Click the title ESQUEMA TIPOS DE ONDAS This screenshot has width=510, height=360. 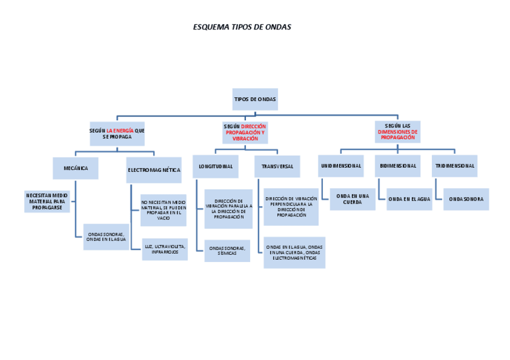pyautogui.click(x=242, y=27)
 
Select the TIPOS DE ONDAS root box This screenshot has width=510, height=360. pyautogui.click(x=255, y=99)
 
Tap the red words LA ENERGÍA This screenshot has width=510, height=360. pyautogui.click(x=120, y=130)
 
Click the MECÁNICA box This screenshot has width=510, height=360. pyautogui.click(x=76, y=168)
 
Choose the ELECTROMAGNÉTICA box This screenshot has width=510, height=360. pyautogui.click(x=154, y=170)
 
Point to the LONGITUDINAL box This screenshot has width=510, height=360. pyautogui.click(x=215, y=166)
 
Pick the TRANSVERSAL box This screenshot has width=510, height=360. pyautogui.click(x=277, y=166)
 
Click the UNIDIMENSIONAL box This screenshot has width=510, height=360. pyautogui.click(x=341, y=166)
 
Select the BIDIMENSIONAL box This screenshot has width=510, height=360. pyautogui.click(x=398, y=166)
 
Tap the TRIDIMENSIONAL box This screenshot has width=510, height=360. pyautogui.click(x=455, y=166)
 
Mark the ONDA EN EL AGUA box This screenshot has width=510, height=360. pyautogui.click(x=409, y=199)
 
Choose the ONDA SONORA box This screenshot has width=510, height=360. pyautogui.click(x=466, y=199)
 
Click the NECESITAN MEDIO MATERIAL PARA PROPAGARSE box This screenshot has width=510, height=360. pyautogui.click(x=47, y=201)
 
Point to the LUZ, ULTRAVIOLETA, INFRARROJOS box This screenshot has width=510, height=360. pyautogui.click(x=165, y=249)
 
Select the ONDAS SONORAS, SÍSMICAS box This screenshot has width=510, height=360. pyautogui.click(x=228, y=251)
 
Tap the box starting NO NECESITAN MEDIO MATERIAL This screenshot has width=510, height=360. pyautogui.click(x=164, y=210)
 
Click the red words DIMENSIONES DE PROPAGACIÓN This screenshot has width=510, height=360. pyautogui.click(x=398, y=135)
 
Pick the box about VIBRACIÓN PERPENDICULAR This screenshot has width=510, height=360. pyautogui.click(x=291, y=206)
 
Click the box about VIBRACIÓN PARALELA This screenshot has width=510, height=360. pyautogui.click(x=228, y=209)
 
